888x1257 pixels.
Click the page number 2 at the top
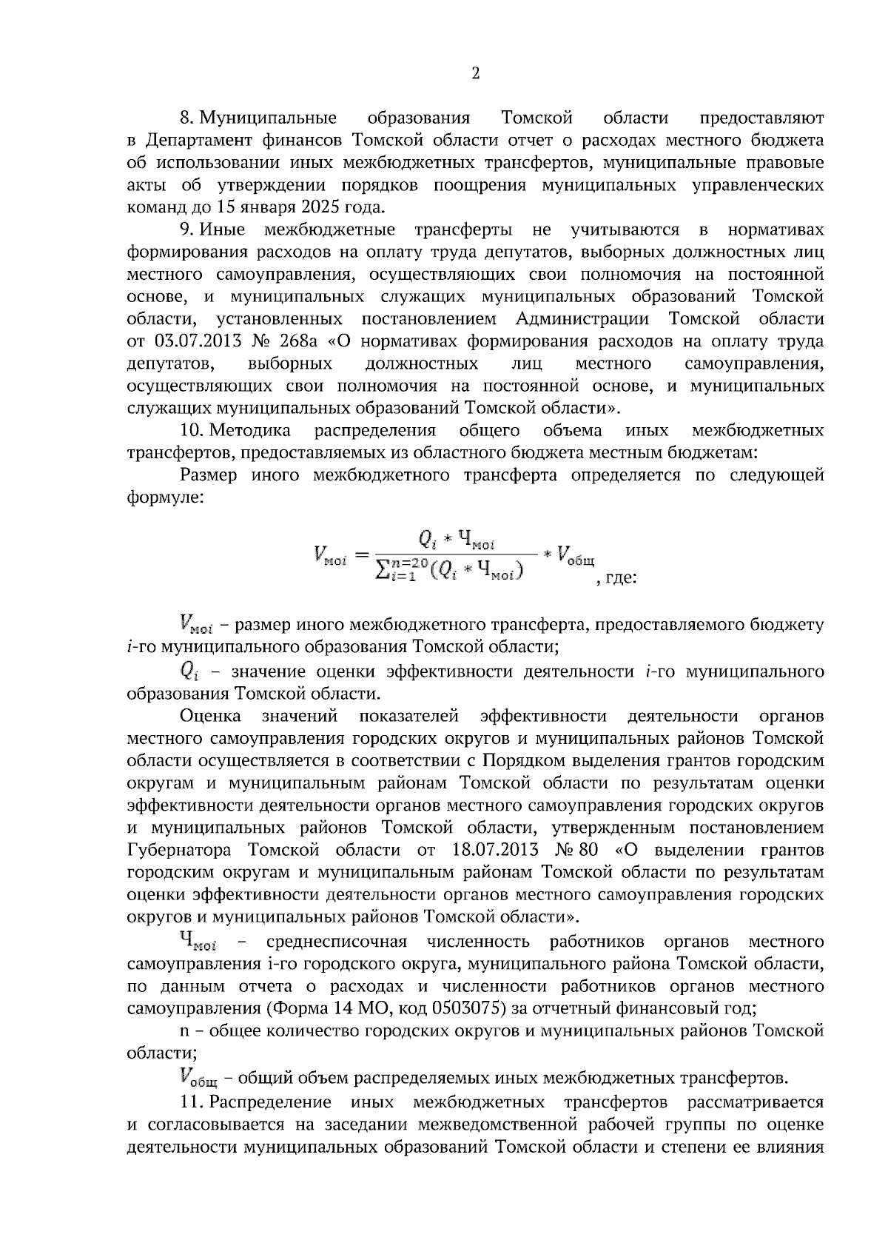tap(475, 73)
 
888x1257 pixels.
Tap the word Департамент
tap(195, 141)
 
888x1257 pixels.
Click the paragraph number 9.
tap(186, 229)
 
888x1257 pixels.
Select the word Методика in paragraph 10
tap(250, 430)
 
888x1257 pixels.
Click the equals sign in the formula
tap(361, 553)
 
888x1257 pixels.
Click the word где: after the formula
tap(616, 577)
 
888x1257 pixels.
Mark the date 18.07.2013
tap(494, 850)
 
